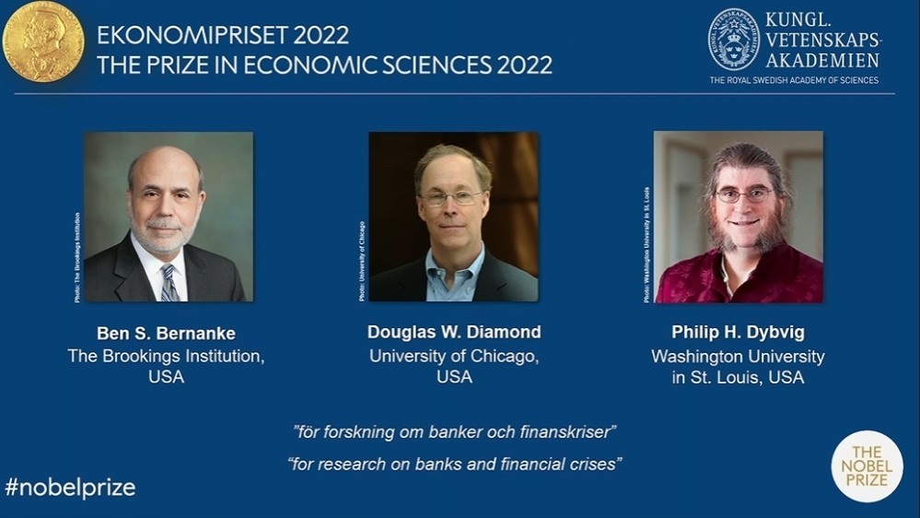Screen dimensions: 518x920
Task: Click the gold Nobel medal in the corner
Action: coord(42,41)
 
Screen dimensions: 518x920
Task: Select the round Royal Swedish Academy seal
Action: coord(733,39)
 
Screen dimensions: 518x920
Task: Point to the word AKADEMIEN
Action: coord(821,60)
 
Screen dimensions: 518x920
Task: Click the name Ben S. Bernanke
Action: coord(166,333)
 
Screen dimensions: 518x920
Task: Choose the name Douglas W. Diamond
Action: coord(454,333)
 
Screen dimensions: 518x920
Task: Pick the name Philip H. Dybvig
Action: coord(738,333)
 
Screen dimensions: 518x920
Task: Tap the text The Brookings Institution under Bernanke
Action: coord(166,356)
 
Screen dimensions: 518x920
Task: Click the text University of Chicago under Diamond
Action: coord(454,356)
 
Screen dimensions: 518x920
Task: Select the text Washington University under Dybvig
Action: coord(738,356)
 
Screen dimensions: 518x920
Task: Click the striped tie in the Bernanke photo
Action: coord(169,282)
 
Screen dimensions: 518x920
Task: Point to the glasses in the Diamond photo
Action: coord(451,197)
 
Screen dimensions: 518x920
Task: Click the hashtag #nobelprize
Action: coord(70,488)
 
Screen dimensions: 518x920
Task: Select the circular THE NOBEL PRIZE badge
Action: coord(867,466)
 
